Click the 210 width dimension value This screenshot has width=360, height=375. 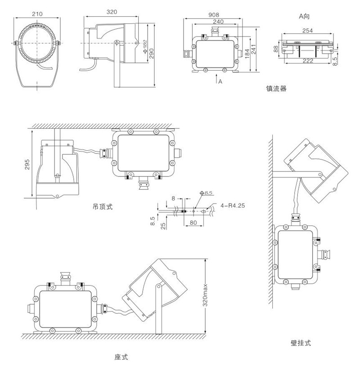coord(38,14)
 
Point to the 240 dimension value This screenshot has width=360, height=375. coord(218,21)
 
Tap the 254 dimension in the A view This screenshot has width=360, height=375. coord(309,31)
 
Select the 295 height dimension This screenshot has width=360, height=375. coord(27,163)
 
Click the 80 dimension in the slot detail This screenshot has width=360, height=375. coord(193,222)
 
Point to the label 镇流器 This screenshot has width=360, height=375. coord(276,89)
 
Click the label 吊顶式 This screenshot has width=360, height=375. coord(101,207)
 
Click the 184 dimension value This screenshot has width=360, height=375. coord(246,53)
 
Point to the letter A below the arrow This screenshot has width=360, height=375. coord(220,81)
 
